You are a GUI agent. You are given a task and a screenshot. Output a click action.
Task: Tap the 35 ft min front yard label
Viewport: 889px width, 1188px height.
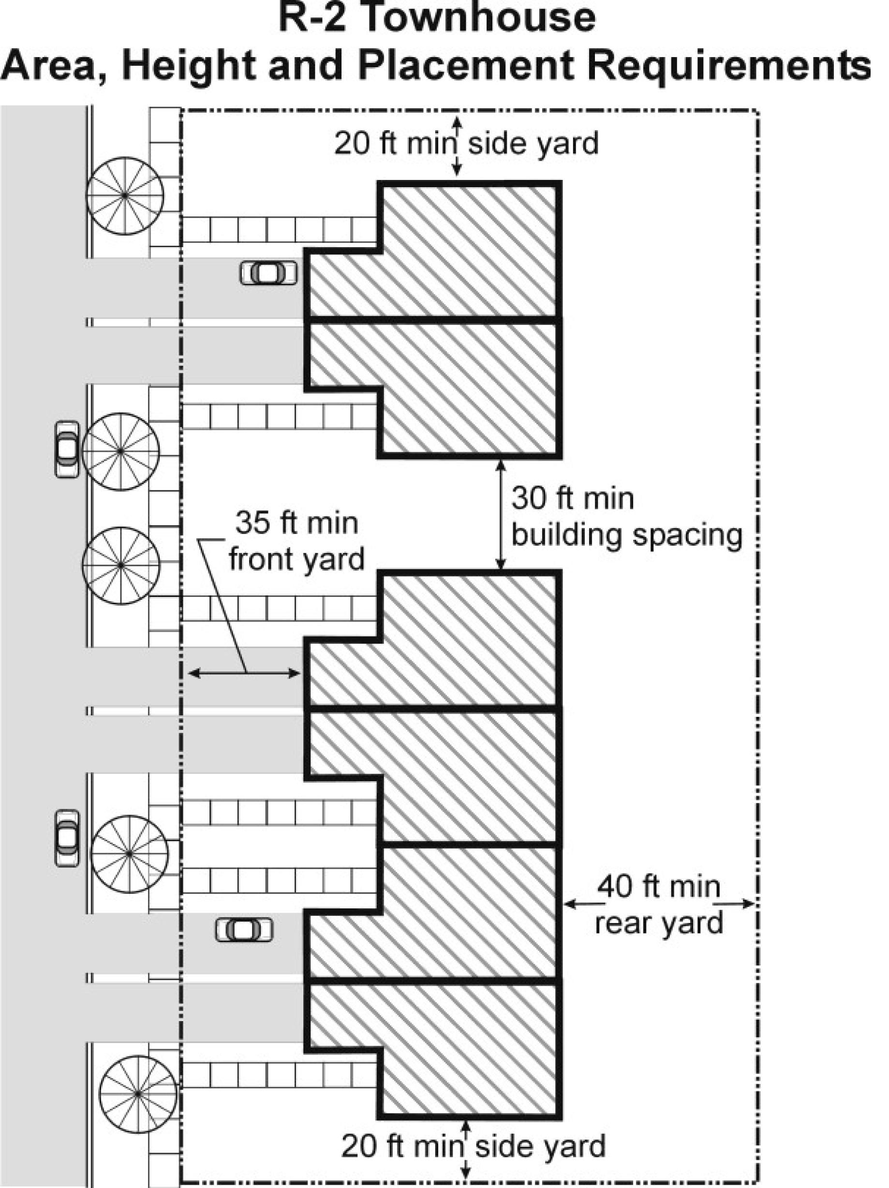pos(296,541)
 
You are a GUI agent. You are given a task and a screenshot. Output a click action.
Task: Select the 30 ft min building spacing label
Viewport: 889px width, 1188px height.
pos(626,517)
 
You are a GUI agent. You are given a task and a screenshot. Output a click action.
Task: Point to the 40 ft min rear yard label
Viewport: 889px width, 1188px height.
pos(659,905)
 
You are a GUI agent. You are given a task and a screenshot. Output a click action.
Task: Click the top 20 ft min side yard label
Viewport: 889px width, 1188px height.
pos(466,144)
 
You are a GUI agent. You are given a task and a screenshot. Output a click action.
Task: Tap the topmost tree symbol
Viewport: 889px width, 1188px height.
pos(125,195)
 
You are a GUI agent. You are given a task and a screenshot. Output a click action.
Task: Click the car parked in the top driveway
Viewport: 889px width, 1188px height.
pos(268,273)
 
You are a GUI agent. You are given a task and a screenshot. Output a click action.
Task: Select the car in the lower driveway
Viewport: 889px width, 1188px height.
pos(244,930)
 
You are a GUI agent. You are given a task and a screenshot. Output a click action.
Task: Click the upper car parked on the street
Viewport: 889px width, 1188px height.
pos(67,449)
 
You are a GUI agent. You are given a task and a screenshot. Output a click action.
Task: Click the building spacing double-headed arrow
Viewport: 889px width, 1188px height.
pos(501,514)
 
